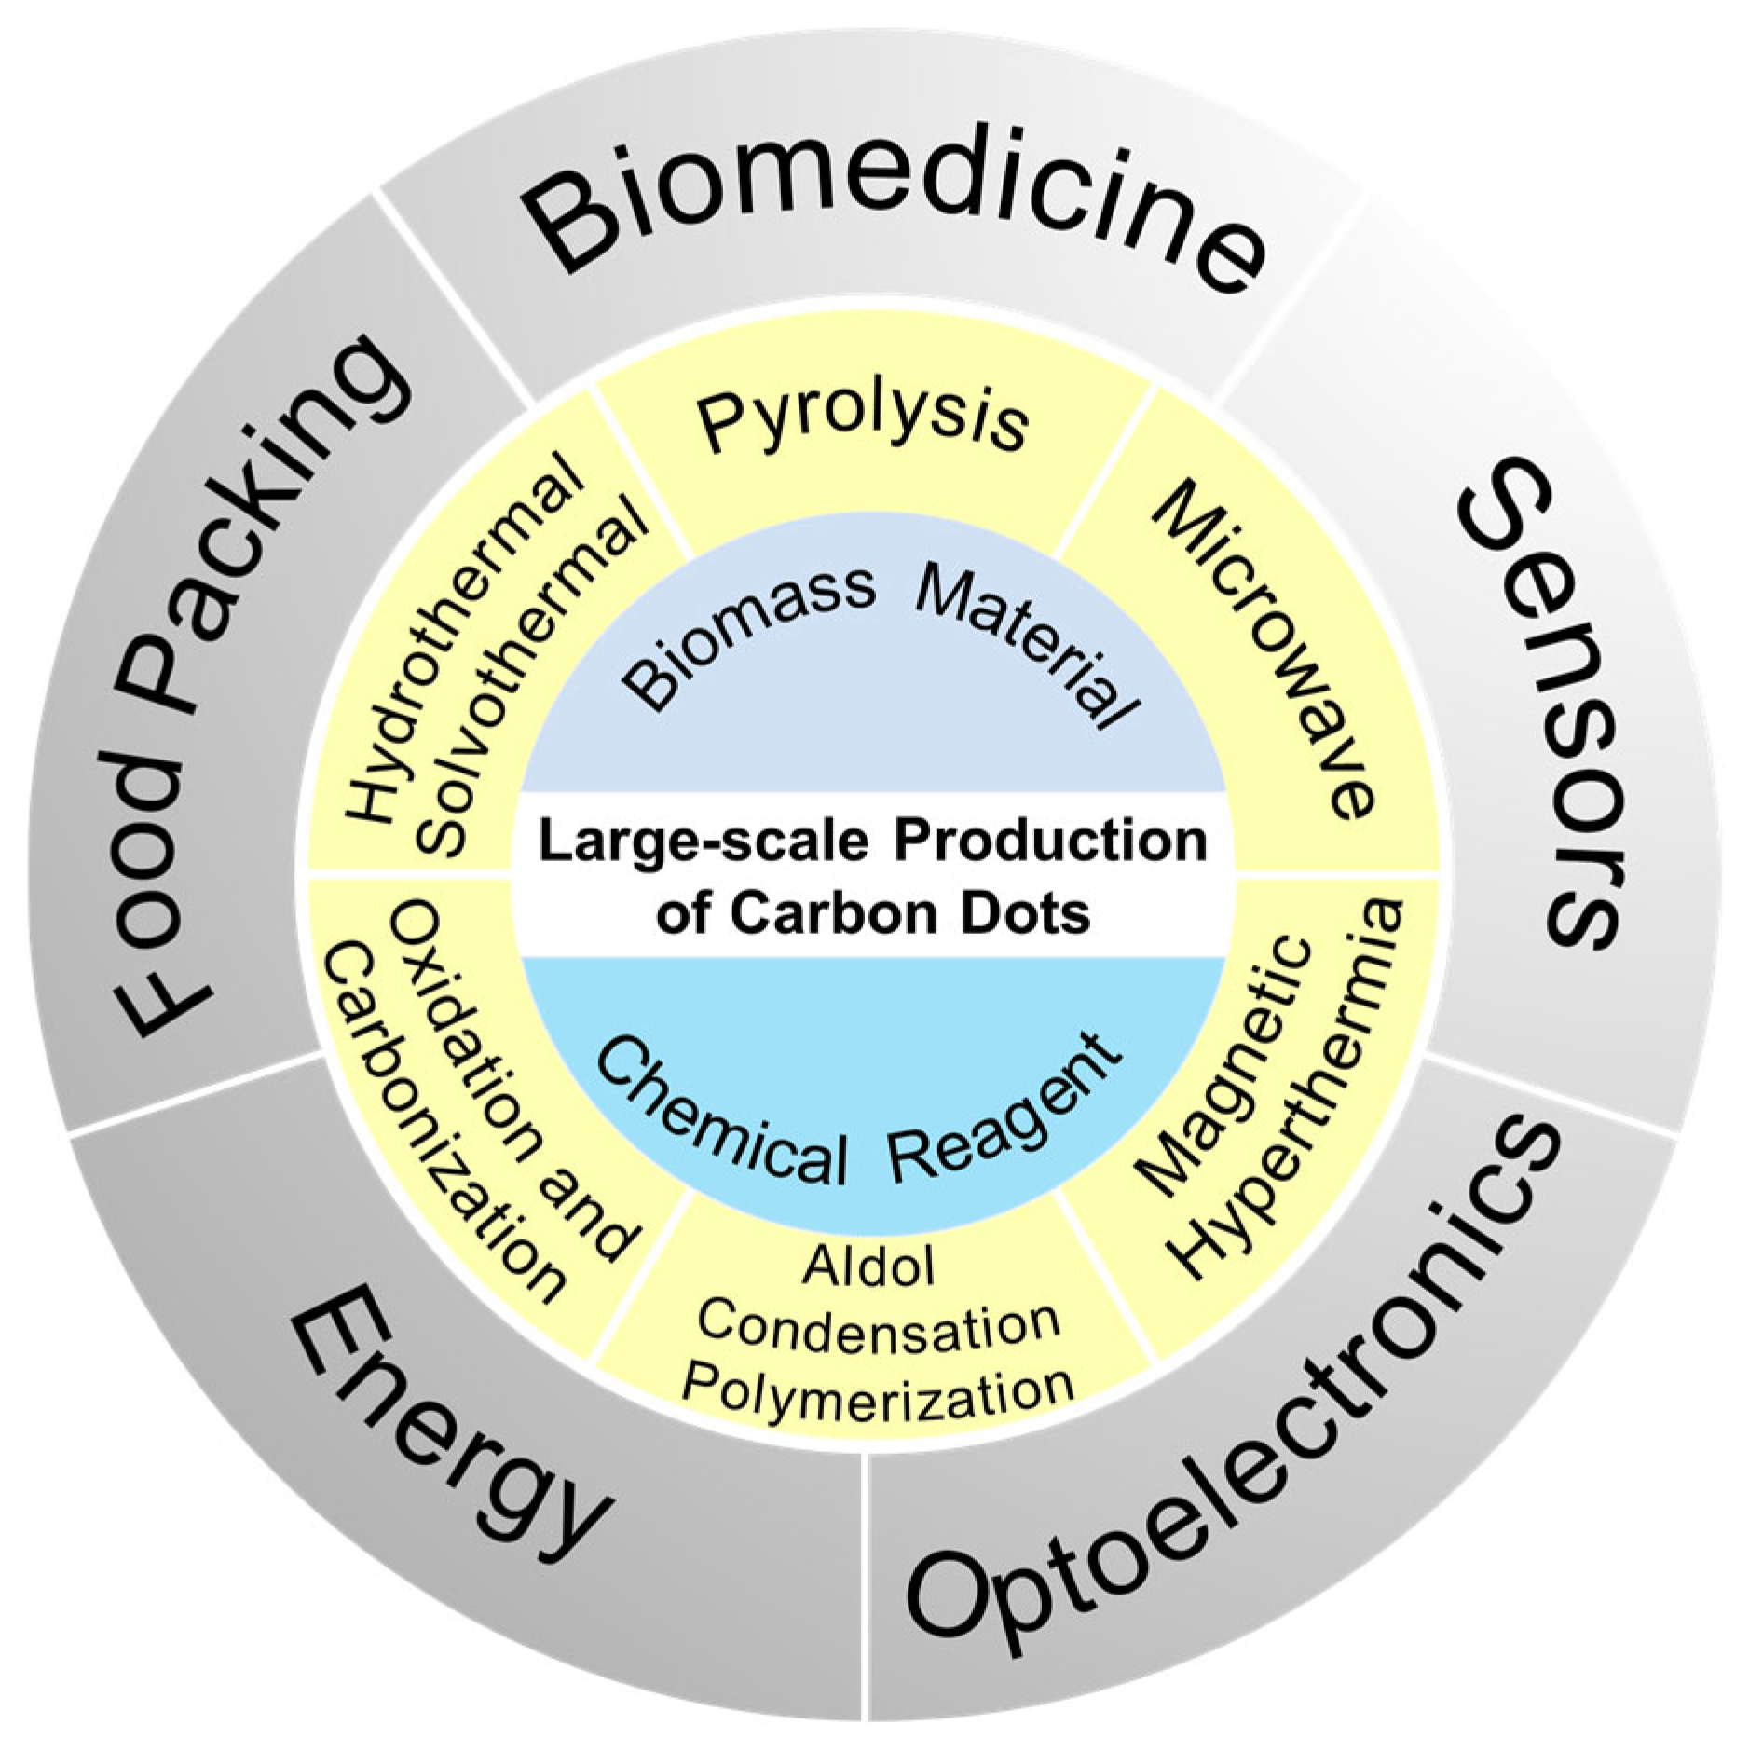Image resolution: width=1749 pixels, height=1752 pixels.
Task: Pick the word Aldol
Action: coord(868,1266)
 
